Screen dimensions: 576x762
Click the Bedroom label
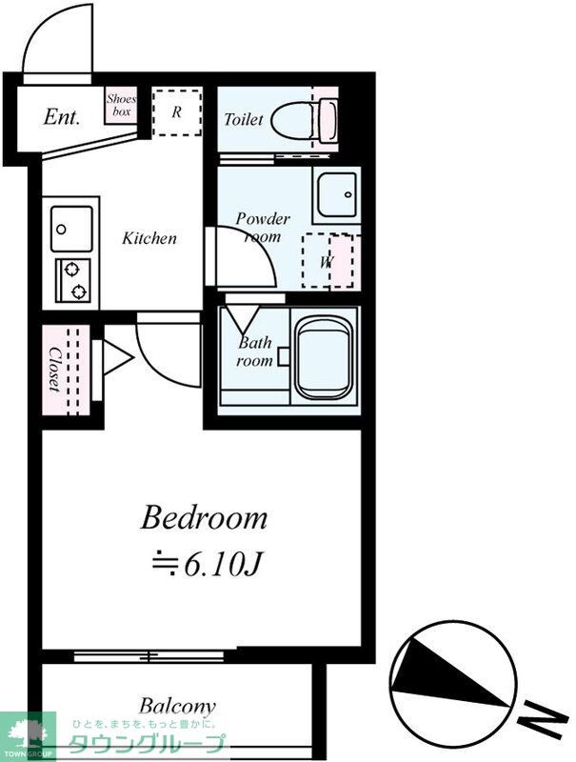[204, 518]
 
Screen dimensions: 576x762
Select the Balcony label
[177, 707]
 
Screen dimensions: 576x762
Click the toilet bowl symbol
[304, 120]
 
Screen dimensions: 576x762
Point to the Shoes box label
[121, 105]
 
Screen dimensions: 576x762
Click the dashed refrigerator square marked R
[177, 112]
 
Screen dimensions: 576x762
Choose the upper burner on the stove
[71, 269]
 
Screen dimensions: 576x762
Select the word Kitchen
[149, 238]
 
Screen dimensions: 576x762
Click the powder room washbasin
[337, 194]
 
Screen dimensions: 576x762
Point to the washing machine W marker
[327, 263]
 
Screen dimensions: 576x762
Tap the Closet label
[54, 370]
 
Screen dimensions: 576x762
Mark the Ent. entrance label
[61, 116]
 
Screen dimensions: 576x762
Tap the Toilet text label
[244, 119]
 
